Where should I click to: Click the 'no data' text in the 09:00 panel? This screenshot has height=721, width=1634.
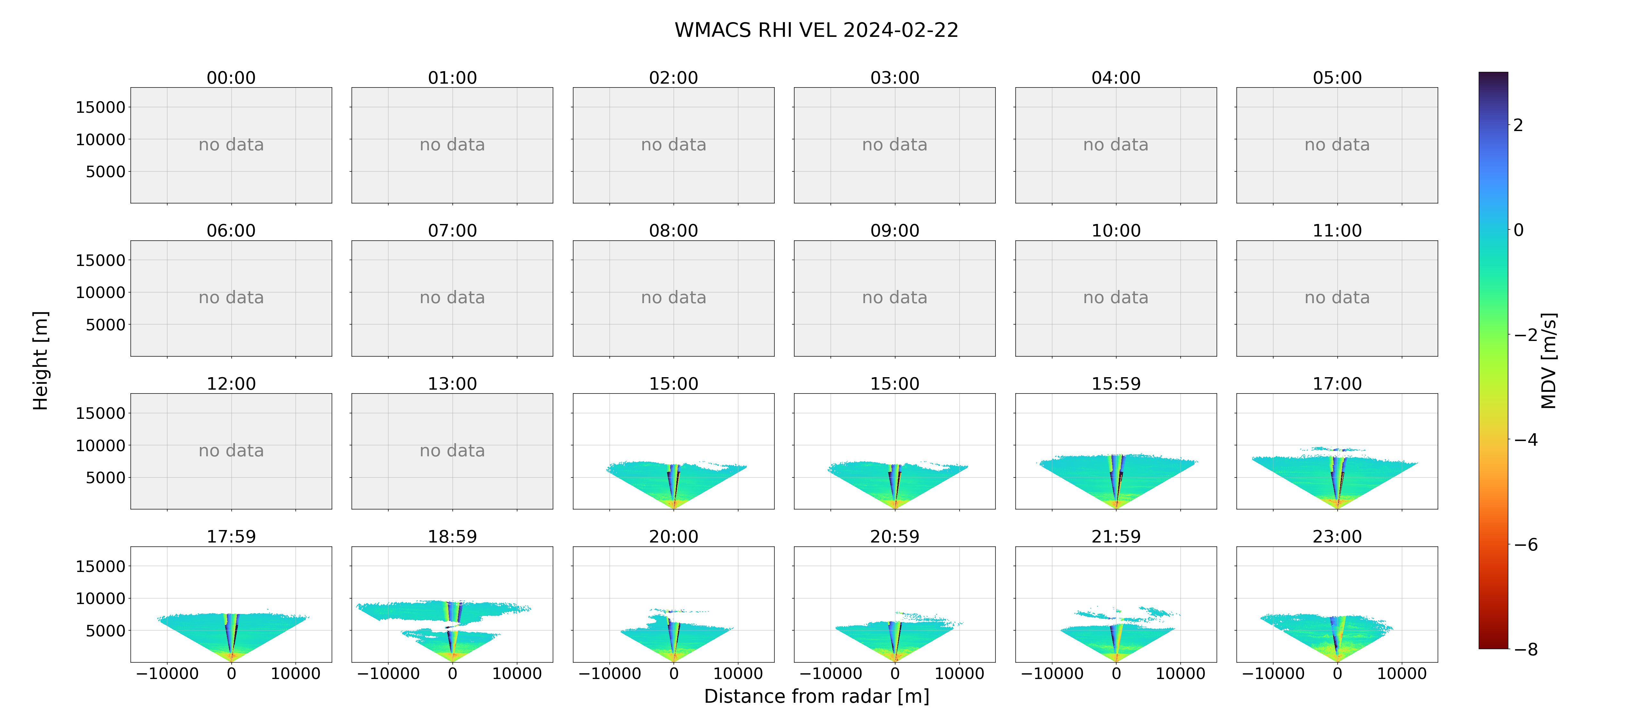tap(895, 298)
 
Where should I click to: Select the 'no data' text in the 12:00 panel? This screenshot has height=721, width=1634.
tap(231, 451)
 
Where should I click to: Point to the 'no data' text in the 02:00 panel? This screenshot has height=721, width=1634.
tap(674, 145)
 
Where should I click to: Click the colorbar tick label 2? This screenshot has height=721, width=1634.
tap(1518, 125)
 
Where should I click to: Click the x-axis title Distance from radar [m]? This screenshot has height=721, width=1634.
tap(816, 696)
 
